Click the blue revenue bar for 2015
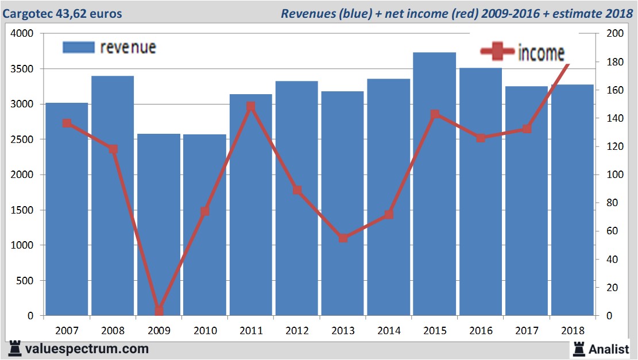coord(434,184)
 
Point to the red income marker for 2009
coord(159,311)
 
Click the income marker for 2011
coord(250,106)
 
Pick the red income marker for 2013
coord(343,238)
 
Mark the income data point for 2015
coord(435,114)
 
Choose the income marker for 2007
coord(67,123)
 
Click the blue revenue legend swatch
coord(78,47)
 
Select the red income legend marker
coord(497,52)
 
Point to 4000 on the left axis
coord(22,33)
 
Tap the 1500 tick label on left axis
coord(22,210)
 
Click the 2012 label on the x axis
coord(297,331)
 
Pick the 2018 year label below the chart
coord(573,331)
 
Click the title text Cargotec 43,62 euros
coord(63,13)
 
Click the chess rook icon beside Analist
coord(578,348)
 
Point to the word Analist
coord(609,349)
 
